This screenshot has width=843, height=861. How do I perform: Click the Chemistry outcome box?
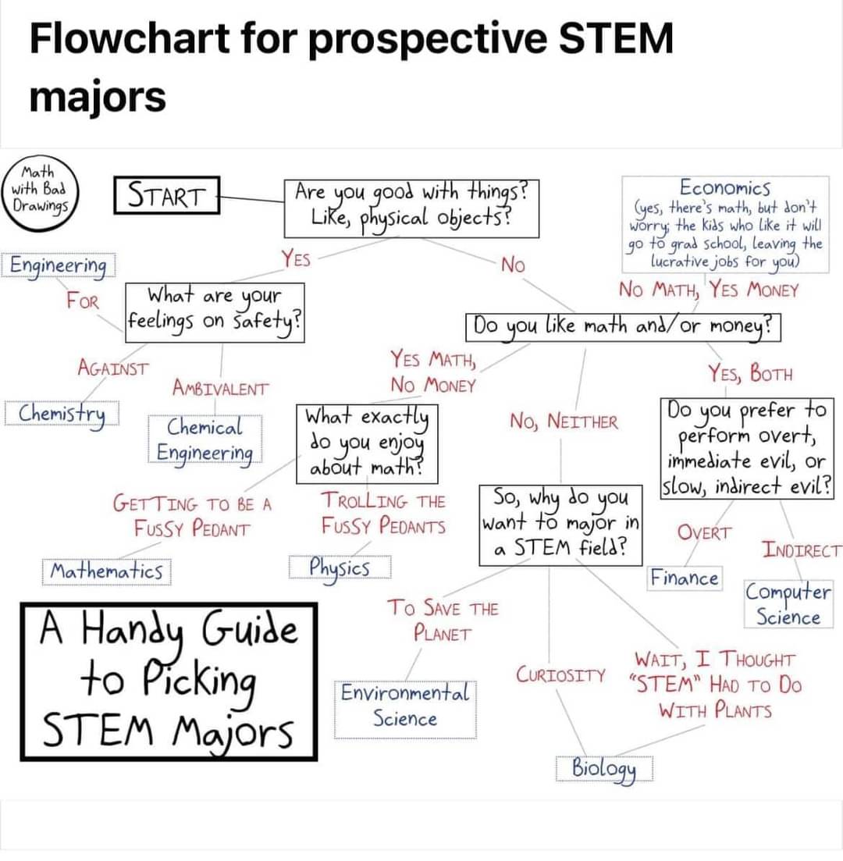62,414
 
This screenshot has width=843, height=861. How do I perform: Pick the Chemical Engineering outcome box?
205,439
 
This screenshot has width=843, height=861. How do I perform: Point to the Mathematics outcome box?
106,571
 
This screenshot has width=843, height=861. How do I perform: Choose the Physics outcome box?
340,567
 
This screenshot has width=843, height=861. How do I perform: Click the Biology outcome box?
604,768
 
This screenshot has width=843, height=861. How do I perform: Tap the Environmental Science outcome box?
405,710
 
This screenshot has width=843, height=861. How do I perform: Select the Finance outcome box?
685,578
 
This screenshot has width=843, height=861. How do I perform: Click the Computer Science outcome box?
788,604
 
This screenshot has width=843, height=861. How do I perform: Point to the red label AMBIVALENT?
221,388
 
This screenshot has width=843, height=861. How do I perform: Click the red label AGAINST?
113,368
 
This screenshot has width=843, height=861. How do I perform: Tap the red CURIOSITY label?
560,674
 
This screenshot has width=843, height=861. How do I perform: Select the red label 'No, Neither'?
564,422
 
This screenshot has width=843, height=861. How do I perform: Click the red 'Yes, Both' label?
750,373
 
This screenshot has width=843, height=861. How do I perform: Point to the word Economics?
725,188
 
